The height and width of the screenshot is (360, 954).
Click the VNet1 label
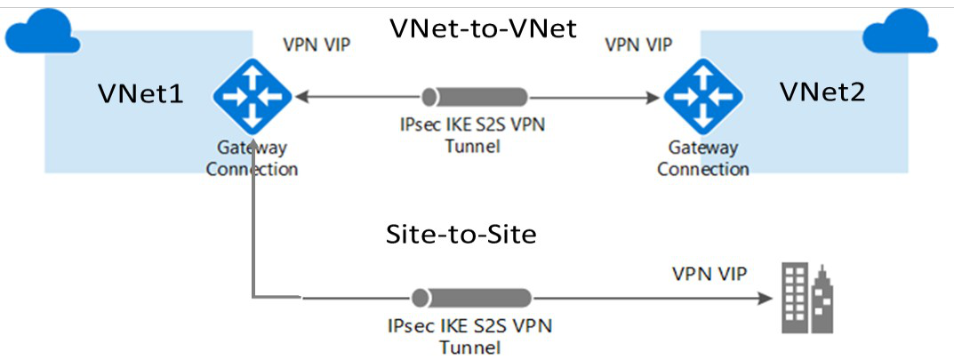141,92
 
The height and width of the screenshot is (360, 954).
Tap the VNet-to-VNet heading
484,28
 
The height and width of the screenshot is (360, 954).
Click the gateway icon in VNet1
253,93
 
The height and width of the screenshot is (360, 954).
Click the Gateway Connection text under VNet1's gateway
252,159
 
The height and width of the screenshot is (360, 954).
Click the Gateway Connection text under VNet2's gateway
702,159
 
